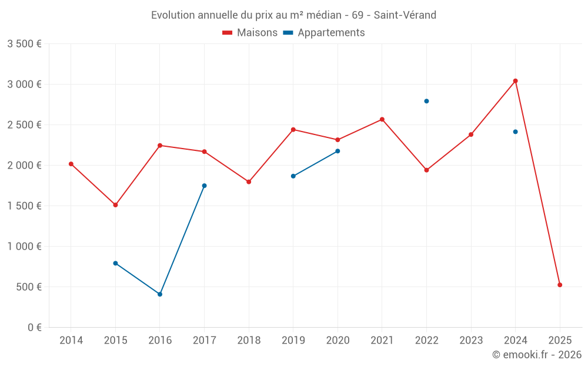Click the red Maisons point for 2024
pos(515,81)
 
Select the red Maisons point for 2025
pos(560,285)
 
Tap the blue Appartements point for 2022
pos(426,101)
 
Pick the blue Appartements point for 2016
pos(160,294)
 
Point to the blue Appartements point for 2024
pos(515,132)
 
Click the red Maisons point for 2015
pos(115,205)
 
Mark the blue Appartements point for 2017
pos(204,186)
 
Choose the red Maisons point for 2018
pos(249,182)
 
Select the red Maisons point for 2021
pos(382,119)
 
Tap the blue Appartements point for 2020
pos(338,151)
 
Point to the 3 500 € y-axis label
pos(24,44)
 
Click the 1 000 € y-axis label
pos(24,247)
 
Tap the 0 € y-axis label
pos(33,328)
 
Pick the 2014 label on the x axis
pos(71,340)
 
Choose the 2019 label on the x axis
pos(293,340)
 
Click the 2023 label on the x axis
pos(471,340)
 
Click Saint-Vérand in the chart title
pos(405,15)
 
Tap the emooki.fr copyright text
pos(537,355)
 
